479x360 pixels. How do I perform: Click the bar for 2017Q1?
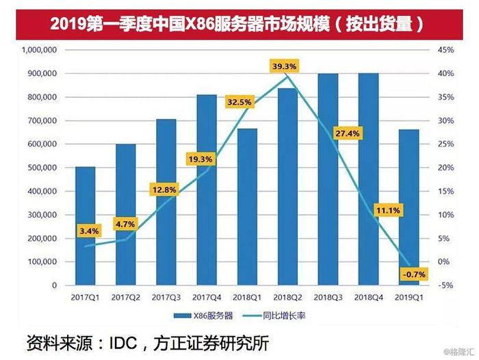(85, 226)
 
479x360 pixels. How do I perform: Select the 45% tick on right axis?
(446, 50)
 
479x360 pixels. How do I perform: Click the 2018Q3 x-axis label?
(328, 298)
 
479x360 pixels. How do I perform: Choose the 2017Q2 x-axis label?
(126, 298)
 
